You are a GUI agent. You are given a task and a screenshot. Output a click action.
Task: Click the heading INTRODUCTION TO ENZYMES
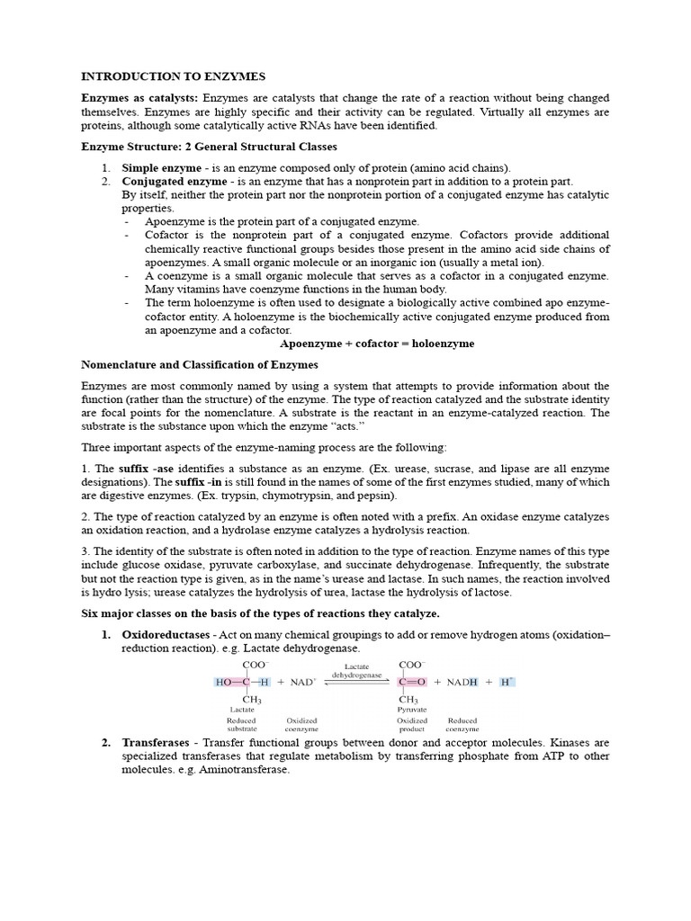(174, 76)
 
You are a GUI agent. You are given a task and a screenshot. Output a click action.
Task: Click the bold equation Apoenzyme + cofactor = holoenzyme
(377, 344)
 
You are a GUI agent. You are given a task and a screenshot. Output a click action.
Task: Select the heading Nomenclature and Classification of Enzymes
(200, 365)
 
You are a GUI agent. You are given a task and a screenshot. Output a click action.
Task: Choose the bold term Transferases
(155, 743)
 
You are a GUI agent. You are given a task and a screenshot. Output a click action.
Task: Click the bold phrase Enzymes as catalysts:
(140, 98)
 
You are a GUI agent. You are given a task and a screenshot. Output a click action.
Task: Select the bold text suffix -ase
(148, 469)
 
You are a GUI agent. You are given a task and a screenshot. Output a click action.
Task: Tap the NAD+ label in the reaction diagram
(302, 683)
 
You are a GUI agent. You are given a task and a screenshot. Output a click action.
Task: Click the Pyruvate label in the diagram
(413, 710)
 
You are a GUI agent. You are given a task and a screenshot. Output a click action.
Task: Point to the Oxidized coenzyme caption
(301, 725)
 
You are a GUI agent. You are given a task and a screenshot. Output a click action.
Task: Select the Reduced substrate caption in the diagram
(242, 725)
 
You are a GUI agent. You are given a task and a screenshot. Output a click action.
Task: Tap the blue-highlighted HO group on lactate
(224, 683)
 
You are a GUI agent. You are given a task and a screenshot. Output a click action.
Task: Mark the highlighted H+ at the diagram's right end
(507, 682)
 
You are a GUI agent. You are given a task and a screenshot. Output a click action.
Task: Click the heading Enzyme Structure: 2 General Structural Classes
(210, 147)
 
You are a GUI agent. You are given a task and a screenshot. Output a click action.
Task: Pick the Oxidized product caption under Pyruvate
(412, 725)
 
